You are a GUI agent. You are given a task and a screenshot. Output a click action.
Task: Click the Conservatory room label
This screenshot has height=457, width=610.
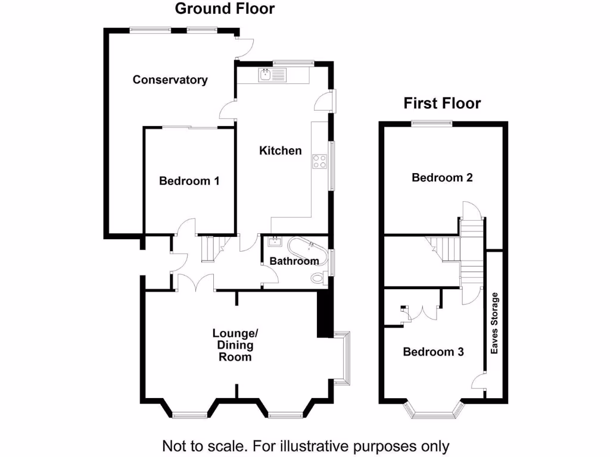pos(170,80)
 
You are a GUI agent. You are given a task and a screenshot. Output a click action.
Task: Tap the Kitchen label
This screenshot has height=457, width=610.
pos(280,151)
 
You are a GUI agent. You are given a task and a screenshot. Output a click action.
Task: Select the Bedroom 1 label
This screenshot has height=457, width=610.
pos(189,181)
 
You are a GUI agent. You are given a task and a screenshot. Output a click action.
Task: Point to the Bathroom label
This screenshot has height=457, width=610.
pos(294,261)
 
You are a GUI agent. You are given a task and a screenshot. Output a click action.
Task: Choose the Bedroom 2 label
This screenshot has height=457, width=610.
pos(442,177)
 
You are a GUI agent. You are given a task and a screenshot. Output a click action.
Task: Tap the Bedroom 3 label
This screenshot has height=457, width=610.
pos(433,352)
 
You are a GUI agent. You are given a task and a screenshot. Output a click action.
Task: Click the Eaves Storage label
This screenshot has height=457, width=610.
pos(494,324)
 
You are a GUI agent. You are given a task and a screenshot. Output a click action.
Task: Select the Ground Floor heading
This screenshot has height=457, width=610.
pos(225,9)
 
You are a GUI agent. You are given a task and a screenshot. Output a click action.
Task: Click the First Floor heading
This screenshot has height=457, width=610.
pos(442,103)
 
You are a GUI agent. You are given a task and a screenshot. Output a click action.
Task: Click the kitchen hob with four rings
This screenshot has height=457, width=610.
pos(319,161)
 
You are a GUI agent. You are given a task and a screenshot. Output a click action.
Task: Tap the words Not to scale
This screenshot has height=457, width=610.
pos(197,446)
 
